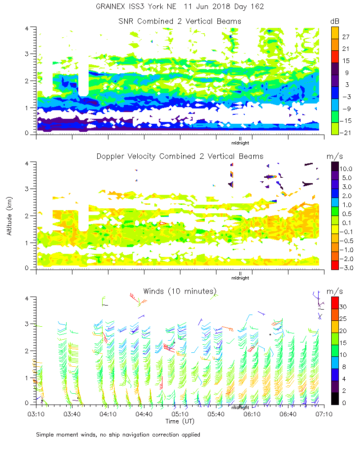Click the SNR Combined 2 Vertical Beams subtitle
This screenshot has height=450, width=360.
coord(180,21)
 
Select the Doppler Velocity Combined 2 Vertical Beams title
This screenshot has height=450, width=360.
coord(180,156)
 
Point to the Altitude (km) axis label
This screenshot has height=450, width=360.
coord(9,216)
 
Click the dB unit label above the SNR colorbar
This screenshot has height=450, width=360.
coord(335,21)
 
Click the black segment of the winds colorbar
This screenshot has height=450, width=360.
coord(335,398)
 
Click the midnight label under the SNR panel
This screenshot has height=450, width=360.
coord(240,143)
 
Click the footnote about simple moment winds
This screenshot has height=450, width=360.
coord(118,435)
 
